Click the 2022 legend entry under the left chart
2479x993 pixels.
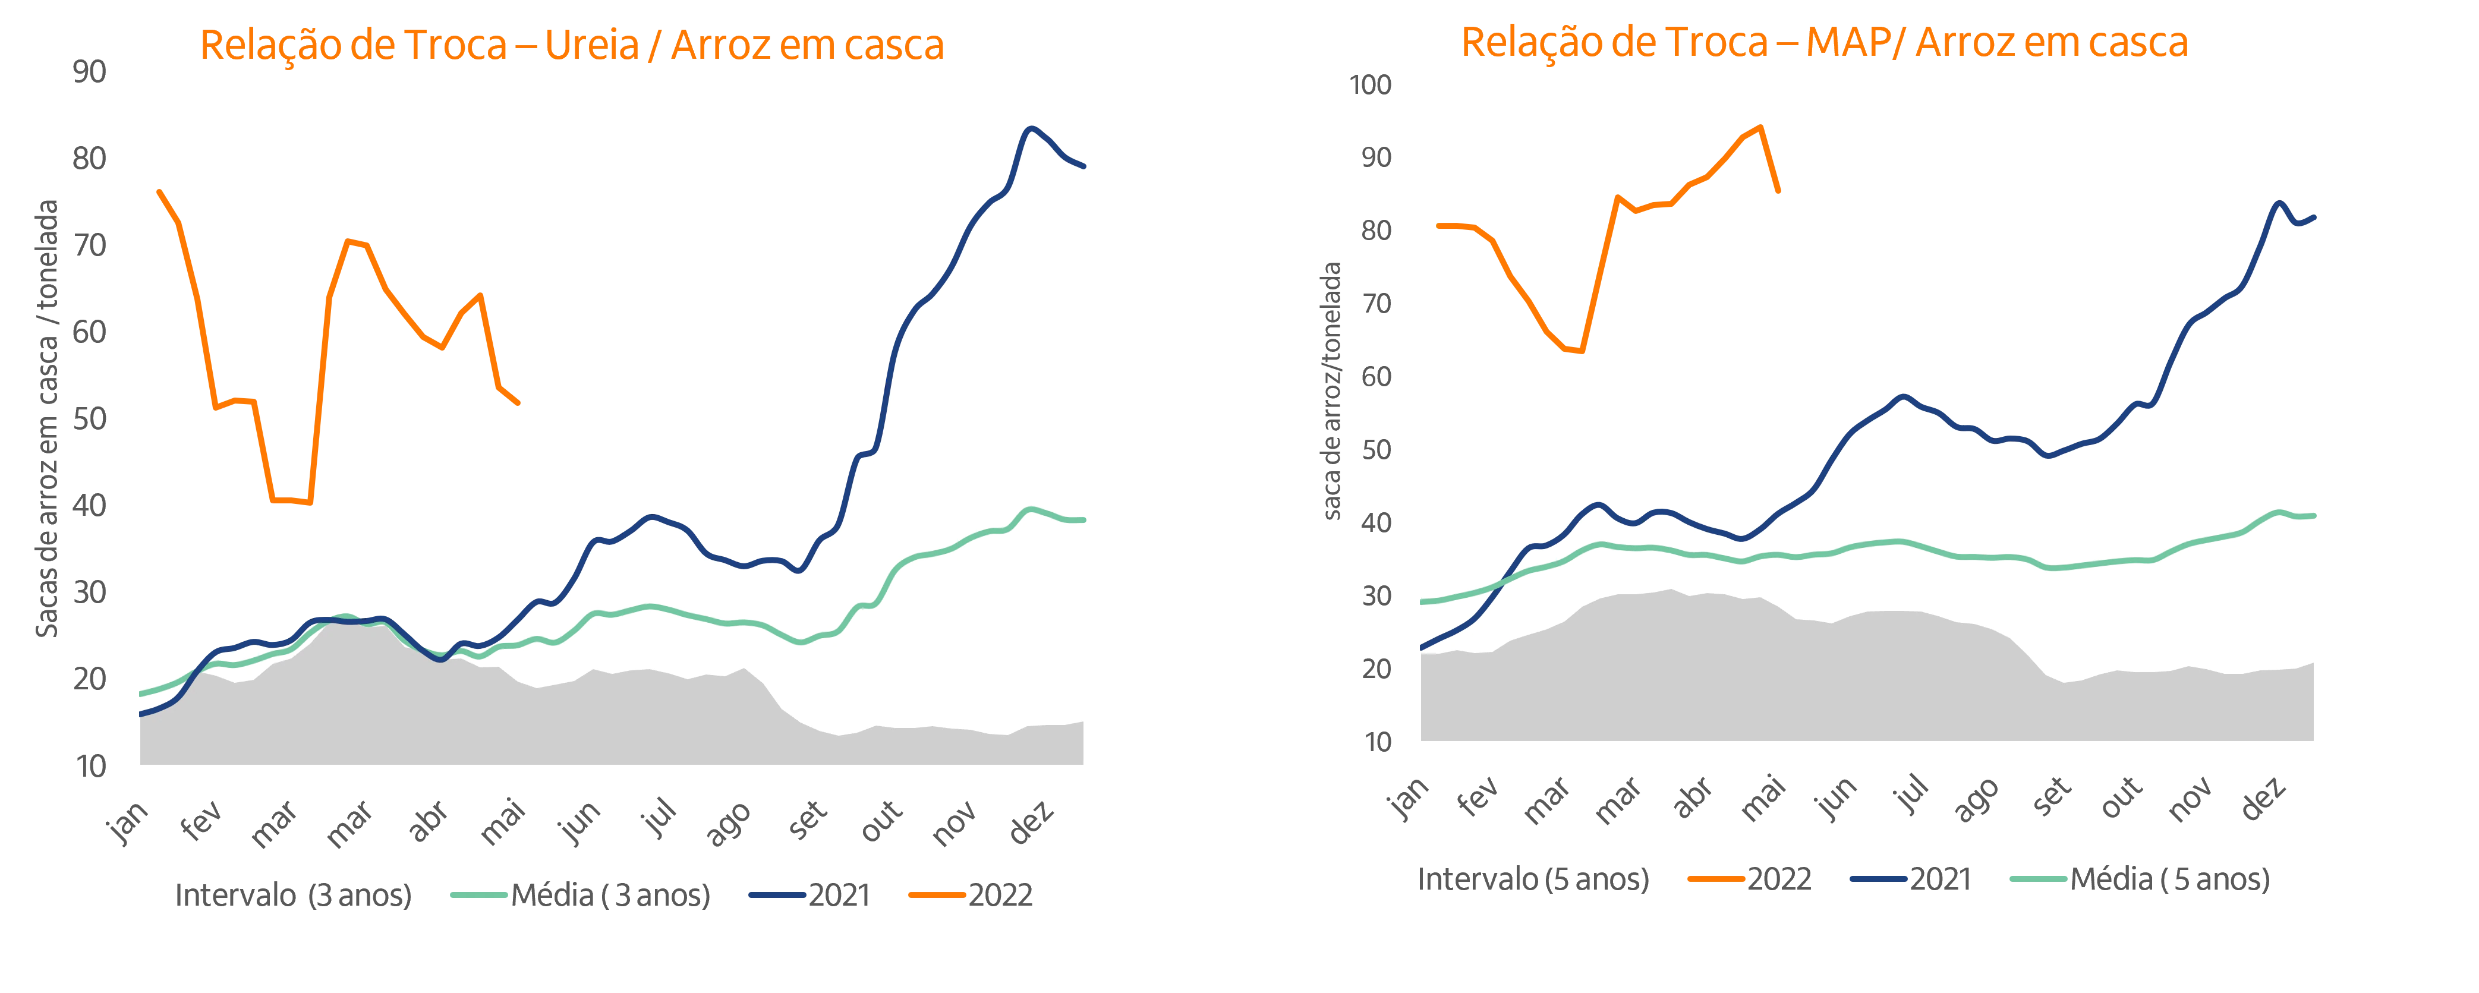(x=1001, y=895)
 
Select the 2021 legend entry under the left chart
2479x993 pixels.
(x=837, y=895)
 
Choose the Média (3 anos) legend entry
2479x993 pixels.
(x=610, y=895)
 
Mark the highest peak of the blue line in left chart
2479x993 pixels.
(x=1031, y=127)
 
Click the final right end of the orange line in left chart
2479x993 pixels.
(x=521, y=405)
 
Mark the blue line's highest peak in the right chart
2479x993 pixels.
(x=2277, y=204)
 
